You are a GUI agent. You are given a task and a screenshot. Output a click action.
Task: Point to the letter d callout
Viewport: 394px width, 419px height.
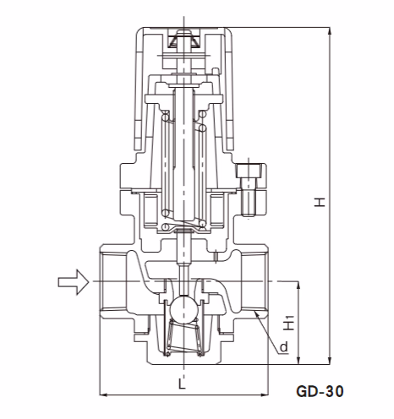[283, 346]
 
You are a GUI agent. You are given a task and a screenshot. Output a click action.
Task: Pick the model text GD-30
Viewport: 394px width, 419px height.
[320, 392]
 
